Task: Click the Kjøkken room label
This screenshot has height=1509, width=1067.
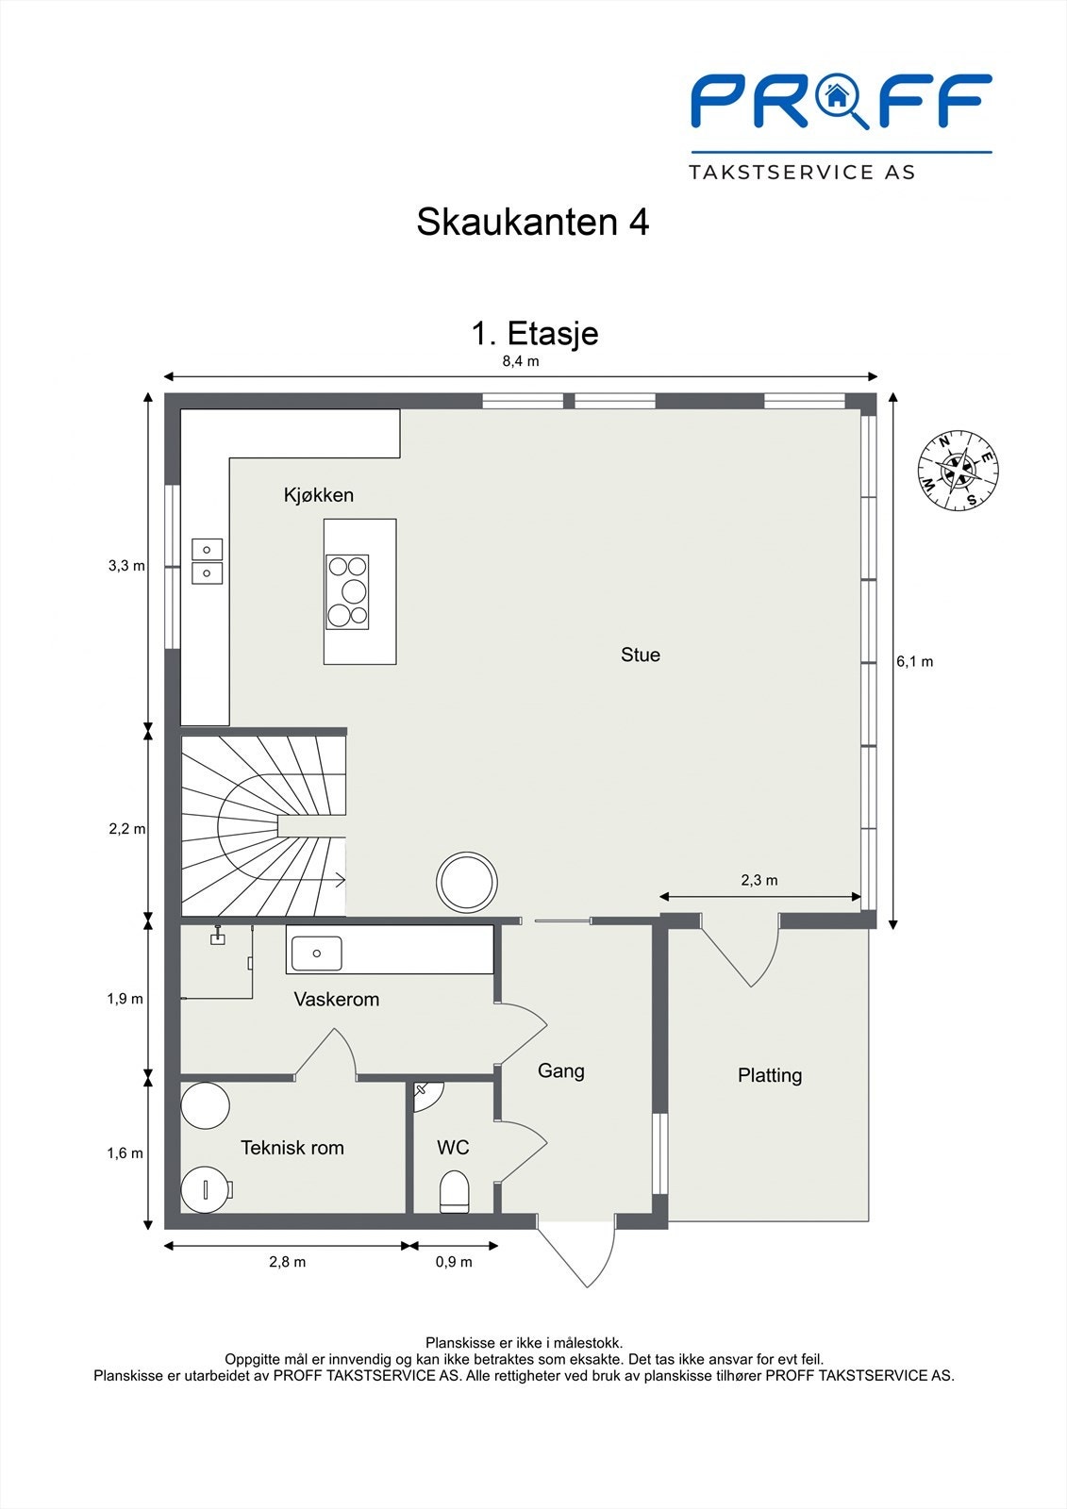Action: pos(319,495)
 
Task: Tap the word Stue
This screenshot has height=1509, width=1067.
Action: pos(640,655)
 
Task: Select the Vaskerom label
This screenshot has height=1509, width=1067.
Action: pos(336,1000)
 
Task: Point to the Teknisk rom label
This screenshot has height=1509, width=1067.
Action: pos(292,1148)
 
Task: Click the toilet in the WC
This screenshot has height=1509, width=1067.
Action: pos(455,1191)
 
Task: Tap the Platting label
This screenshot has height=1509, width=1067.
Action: pos(770,1075)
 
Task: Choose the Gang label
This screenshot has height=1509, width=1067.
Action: pos(560,1070)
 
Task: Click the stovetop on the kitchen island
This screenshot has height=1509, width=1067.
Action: pos(347,591)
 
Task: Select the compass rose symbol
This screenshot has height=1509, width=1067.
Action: pos(959,471)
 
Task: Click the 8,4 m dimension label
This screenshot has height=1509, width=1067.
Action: pos(521,361)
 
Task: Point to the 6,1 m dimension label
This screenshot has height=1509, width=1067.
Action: pos(914,662)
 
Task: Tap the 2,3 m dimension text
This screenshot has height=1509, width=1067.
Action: pos(759,880)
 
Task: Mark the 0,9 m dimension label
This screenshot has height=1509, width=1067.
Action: pos(454,1262)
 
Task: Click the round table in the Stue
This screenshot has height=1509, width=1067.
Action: pos(467,882)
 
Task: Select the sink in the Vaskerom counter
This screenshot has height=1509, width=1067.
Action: pos(316,953)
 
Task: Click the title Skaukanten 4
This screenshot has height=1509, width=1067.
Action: pos(532,223)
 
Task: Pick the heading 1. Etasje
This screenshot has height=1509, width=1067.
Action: pos(534,333)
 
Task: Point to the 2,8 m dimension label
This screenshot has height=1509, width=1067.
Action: pos(287,1262)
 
